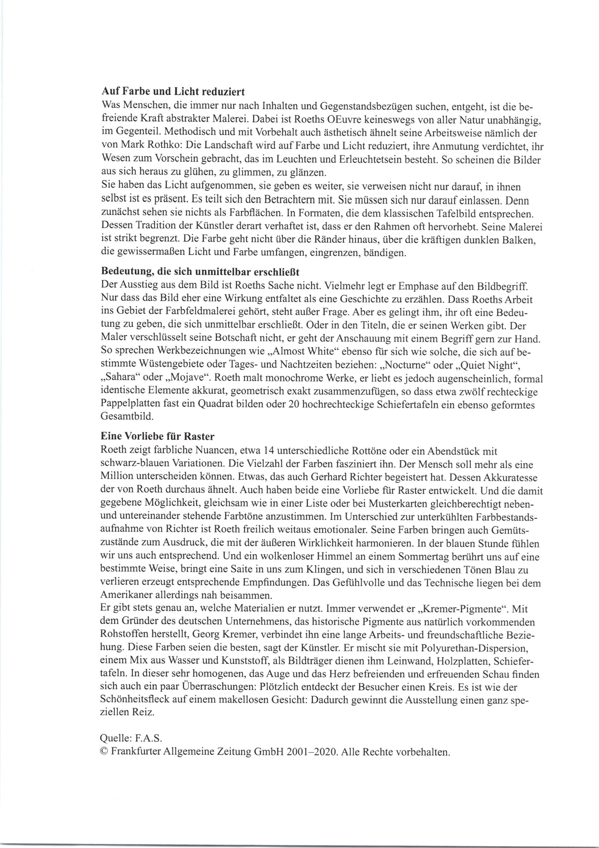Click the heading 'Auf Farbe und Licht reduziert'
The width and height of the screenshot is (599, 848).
click(x=173, y=91)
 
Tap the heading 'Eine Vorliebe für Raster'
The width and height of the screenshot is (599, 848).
click(x=157, y=436)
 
